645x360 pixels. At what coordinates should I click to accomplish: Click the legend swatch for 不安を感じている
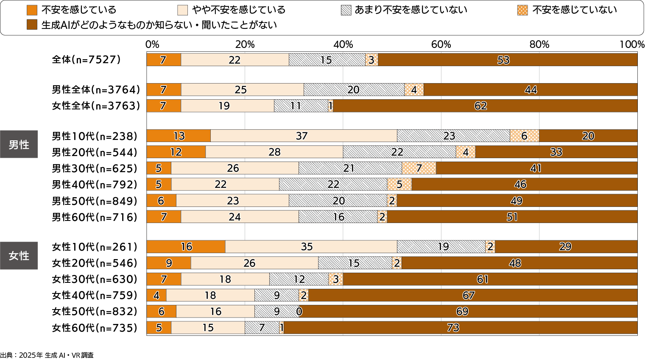[32, 10]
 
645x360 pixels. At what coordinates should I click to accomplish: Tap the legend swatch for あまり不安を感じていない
[346, 10]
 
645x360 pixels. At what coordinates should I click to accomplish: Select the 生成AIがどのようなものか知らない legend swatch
[32, 25]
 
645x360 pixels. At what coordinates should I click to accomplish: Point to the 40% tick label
[343, 45]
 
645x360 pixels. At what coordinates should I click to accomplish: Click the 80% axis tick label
[539, 45]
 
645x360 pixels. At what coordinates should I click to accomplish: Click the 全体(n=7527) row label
[86, 60]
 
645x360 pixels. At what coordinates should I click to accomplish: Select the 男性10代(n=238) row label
[95, 136]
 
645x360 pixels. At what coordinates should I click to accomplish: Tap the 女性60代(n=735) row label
[95, 328]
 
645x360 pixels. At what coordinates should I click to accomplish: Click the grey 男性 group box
[19, 145]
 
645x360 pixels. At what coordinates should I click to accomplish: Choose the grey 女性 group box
[19, 256]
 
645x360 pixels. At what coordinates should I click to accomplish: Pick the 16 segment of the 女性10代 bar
[186, 247]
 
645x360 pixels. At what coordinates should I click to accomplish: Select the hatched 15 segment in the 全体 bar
[327, 60]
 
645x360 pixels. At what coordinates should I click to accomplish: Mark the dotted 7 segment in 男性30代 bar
[419, 168]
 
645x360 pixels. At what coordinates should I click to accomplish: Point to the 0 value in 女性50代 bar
[299, 312]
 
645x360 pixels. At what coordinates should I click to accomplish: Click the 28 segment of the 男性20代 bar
[274, 152]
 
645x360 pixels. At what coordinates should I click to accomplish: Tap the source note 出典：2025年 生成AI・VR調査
[47, 355]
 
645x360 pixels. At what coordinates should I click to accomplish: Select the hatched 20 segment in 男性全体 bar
[354, 90]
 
